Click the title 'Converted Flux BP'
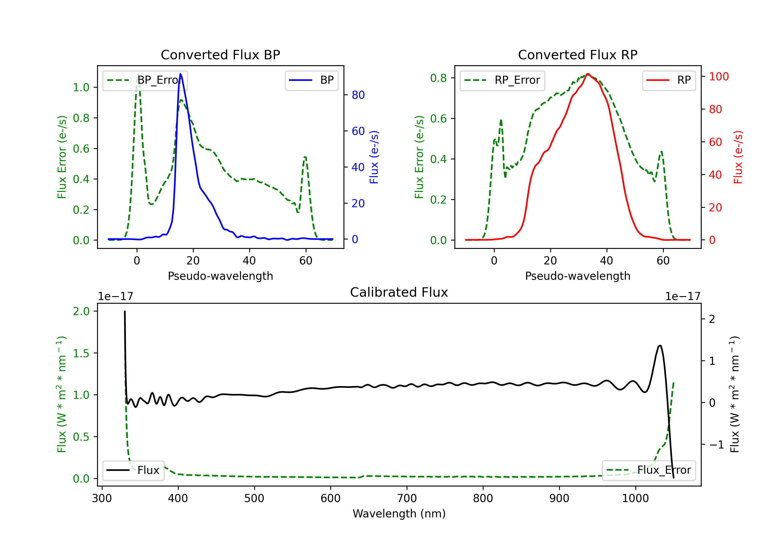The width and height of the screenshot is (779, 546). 220,55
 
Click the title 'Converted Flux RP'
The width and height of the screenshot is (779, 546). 577,55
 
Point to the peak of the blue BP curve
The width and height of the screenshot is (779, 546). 180,74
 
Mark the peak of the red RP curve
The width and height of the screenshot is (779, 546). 588,74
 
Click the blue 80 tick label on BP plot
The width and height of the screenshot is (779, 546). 358,95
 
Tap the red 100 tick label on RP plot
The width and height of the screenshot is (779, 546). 718,77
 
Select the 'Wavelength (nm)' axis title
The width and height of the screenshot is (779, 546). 399,514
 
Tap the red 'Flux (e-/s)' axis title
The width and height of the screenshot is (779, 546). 738,157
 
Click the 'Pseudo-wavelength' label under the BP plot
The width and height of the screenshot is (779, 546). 220,276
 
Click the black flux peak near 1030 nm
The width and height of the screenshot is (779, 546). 660,346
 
